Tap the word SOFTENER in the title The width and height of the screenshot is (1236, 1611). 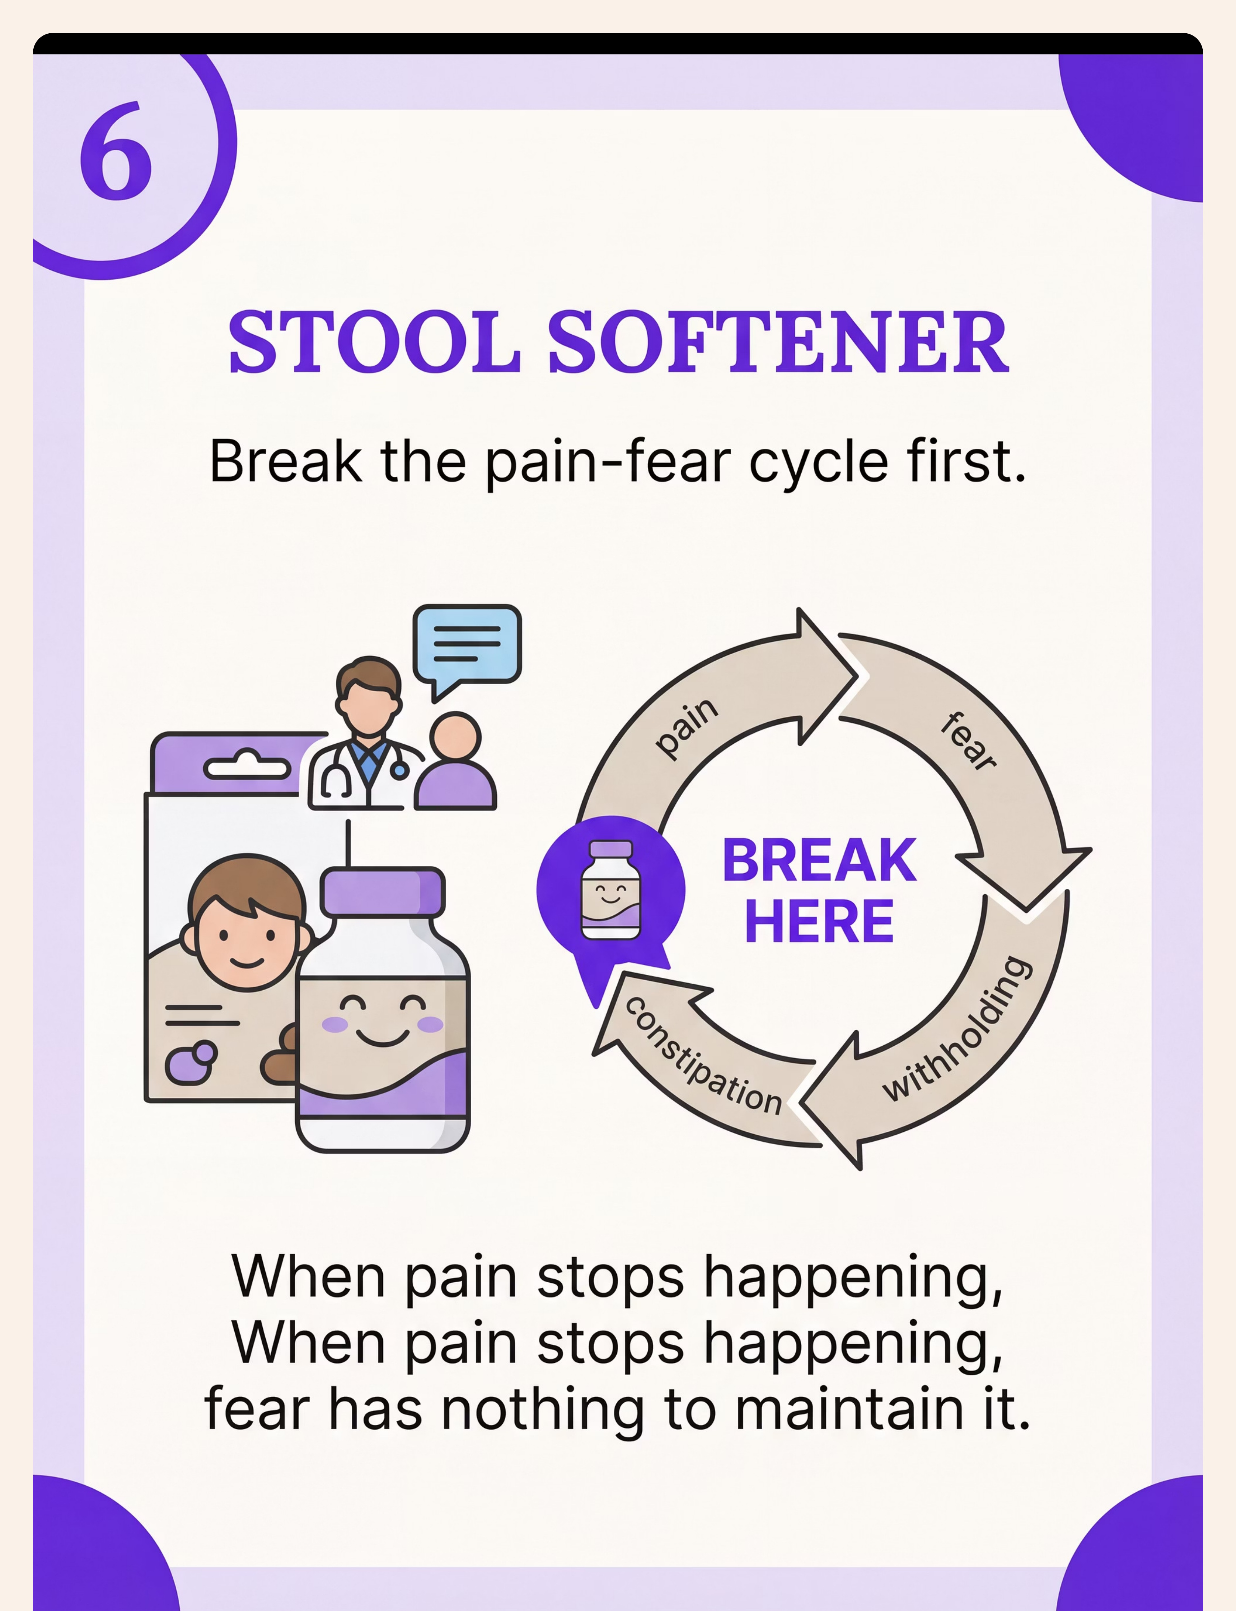click(x=778, y=342)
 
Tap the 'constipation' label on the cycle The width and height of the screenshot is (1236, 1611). click(x=703, y=1056)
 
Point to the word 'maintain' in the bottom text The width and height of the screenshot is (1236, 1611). click(x=850, y=1409)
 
